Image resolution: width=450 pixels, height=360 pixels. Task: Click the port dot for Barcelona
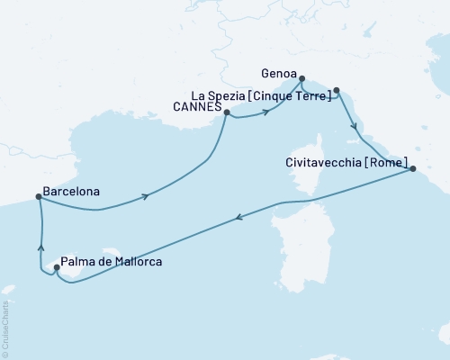tap(38, 197)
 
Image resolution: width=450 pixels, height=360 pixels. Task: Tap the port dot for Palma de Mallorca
tap(57, 267)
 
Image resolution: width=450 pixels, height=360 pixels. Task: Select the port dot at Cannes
tap(226, 113)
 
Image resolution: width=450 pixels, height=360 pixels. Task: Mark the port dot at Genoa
tap(301, 78)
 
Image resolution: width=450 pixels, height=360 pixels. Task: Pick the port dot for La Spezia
tap(337, 90)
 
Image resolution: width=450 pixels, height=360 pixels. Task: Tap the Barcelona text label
tap(71, 192)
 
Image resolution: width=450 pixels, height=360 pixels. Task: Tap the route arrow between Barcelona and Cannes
tap(144, 195)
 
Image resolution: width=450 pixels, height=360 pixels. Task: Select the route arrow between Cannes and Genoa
tap(267, 112)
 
